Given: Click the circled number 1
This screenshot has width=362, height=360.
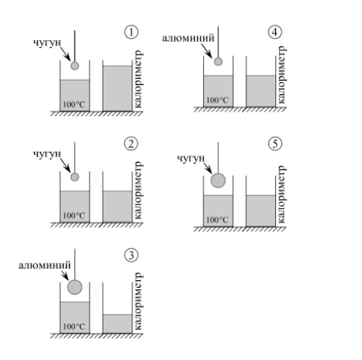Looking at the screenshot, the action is point(131,33).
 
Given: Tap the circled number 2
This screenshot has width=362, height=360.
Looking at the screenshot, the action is point(131,144).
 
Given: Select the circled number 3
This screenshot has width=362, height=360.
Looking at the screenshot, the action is point(131,255).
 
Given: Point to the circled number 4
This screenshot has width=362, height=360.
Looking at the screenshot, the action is point(275,33).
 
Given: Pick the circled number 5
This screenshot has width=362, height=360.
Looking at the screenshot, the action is point(275,144).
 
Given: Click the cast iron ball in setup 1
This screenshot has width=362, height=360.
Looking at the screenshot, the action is point(75,66).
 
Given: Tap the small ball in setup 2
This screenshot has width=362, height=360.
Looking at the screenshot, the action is point(75,177).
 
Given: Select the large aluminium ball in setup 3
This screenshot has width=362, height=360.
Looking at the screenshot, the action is point(75,287).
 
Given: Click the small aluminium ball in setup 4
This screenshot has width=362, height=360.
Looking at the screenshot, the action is point(218,62).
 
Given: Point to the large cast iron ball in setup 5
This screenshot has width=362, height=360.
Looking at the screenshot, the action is point(218,181).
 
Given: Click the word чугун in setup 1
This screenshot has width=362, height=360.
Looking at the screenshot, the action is point(47,43).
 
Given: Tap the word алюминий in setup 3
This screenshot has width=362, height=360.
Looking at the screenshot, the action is point(45,265).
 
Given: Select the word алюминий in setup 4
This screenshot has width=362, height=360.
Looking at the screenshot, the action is point(189,38).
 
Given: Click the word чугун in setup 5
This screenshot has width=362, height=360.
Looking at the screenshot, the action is point(191,159).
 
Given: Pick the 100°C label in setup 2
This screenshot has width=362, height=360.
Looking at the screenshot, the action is point(74,216).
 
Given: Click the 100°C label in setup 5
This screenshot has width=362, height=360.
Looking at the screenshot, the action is point(218,219).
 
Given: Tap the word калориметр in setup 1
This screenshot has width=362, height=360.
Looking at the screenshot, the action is point(138,79).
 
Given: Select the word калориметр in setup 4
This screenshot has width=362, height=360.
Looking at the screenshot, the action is point(281,74).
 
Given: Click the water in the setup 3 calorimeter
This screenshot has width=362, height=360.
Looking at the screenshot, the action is point(117,324).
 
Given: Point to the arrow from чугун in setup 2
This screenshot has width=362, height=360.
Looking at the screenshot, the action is point(65,165).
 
